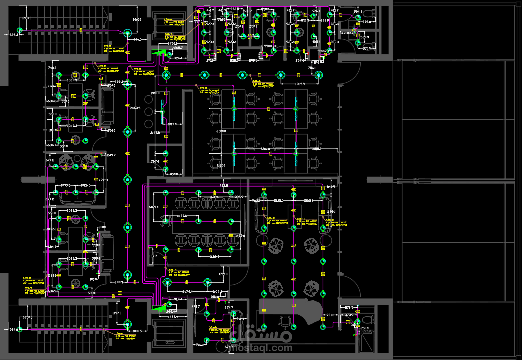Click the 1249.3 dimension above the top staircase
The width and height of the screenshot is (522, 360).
coord(26,18)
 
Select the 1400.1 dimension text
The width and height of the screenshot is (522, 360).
coord(137,20)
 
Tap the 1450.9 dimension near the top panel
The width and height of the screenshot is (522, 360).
coord(173,44)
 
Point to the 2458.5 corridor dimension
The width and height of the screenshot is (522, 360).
coord(135,108)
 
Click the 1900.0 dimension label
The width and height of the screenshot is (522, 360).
coord(155,93)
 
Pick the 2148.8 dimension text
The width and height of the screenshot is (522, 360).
coord(155,133)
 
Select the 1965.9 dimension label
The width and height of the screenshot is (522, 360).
coord(300,84)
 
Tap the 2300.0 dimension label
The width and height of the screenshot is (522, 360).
coord(221,131)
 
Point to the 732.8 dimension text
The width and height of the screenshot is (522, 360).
coord(224,186)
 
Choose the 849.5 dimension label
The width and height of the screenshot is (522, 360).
coord(331,187)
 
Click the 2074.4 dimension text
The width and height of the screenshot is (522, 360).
coord(188,291)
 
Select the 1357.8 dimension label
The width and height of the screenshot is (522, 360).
coord(117,313)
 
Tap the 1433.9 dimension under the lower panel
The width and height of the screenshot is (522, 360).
coord(173,316)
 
